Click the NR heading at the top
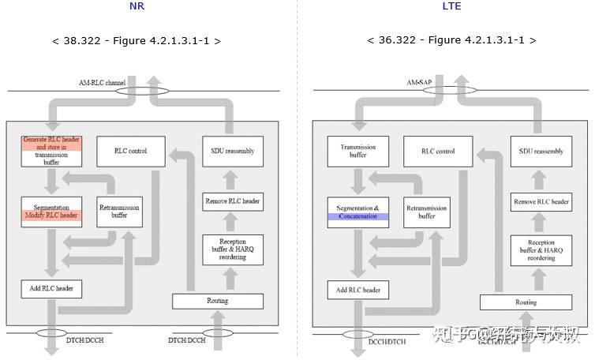coord(137,6)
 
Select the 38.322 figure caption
coord(137,40)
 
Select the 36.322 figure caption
coord(452,40)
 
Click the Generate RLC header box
coord(51,151)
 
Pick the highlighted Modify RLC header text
coord(51,216)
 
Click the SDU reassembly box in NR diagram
coord(233,151)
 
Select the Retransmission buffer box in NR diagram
coord(120,212)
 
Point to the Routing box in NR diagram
coord(217,301)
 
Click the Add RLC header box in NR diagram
coord(51,288)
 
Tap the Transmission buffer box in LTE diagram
coord(357,151)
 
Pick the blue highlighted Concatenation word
coord(357,216)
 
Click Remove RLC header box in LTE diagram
coord(541,202)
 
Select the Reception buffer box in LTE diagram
coord(541,250)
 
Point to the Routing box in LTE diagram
coord(526,302)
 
